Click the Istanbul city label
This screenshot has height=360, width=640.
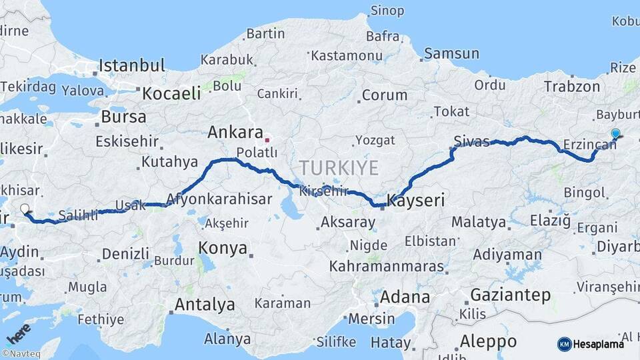[x=131, y=65]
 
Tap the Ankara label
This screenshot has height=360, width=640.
[x=235, y=132]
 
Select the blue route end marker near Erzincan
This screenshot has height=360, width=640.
[x=615, y=134]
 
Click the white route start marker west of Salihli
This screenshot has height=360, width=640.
[x=25, y=209]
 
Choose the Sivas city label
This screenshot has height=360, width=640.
[x=471, y=141]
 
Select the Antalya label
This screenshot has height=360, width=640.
[x=204, y=305]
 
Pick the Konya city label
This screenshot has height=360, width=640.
[x=223, y=249]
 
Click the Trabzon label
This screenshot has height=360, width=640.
[x=571, y=86]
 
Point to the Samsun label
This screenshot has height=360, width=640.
[x=451, y=53]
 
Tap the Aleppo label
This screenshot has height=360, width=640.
[x=488, y=341]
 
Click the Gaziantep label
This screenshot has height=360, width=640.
[x=510, y=295]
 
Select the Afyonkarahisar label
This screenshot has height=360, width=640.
[x=219, y=199]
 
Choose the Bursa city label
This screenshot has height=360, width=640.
[x=123, y=117]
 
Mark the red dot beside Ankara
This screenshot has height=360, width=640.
[x=267, y=140]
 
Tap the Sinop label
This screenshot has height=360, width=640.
[x=387, y=11]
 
